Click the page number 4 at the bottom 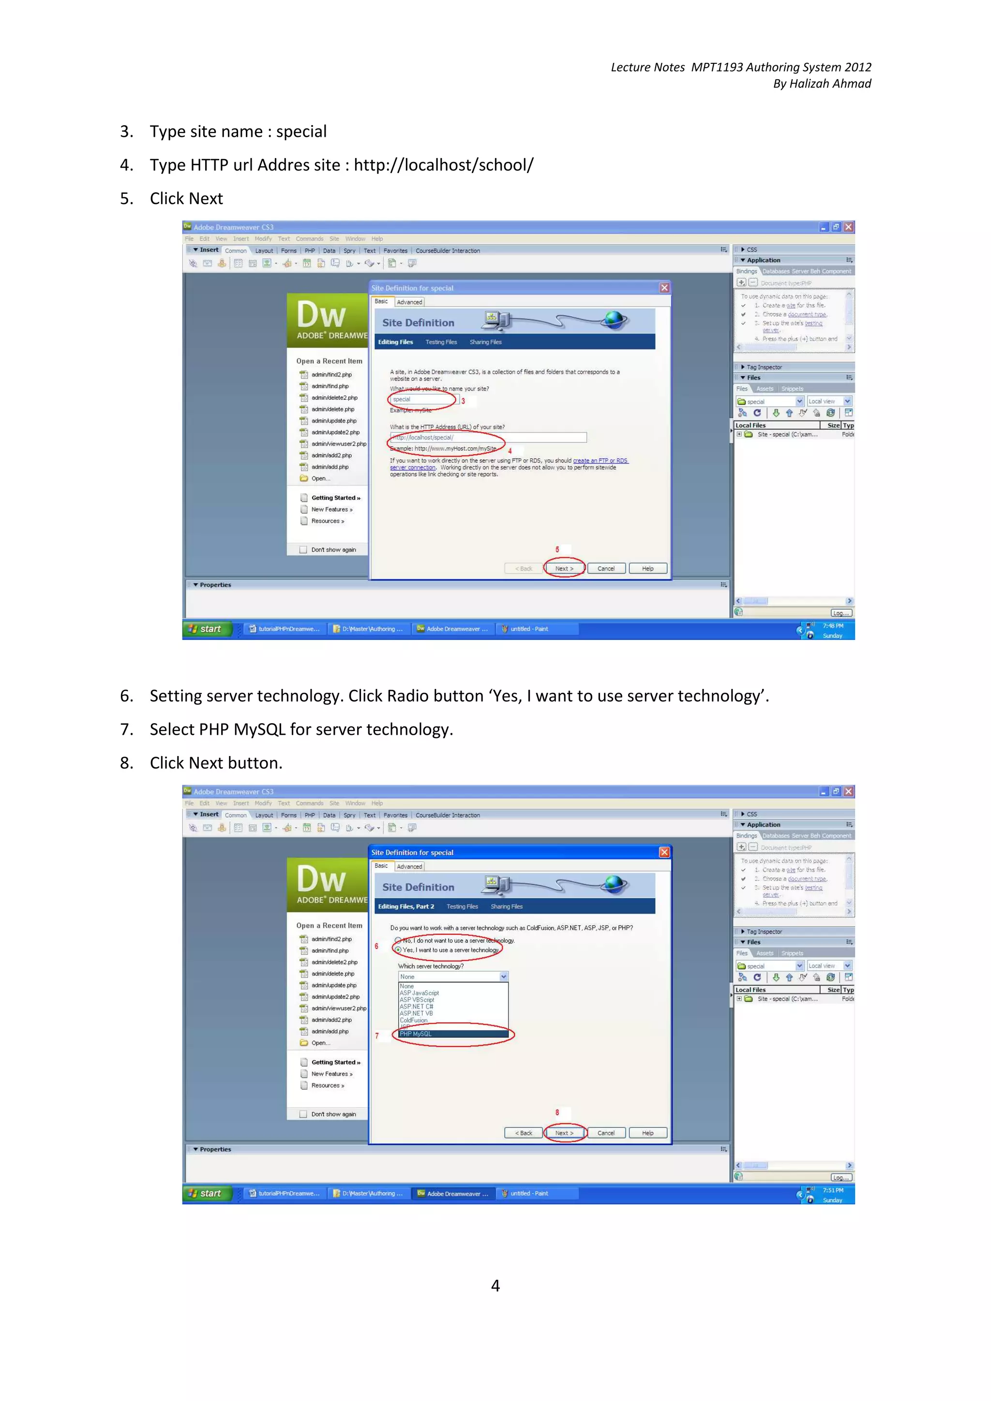[495, 1285]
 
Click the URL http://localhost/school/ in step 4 [443, 165]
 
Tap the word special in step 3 [301, 132]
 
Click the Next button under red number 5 [564, 568]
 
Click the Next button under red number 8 [564, 1133]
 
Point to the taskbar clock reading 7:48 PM [833, 626]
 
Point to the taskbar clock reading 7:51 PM [833, 1190]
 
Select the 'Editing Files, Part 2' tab [406, 906]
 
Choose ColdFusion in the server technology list [413, 1020]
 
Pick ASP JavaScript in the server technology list [420, 993]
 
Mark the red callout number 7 [377, 1036]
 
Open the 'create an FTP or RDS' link [600, 461]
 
